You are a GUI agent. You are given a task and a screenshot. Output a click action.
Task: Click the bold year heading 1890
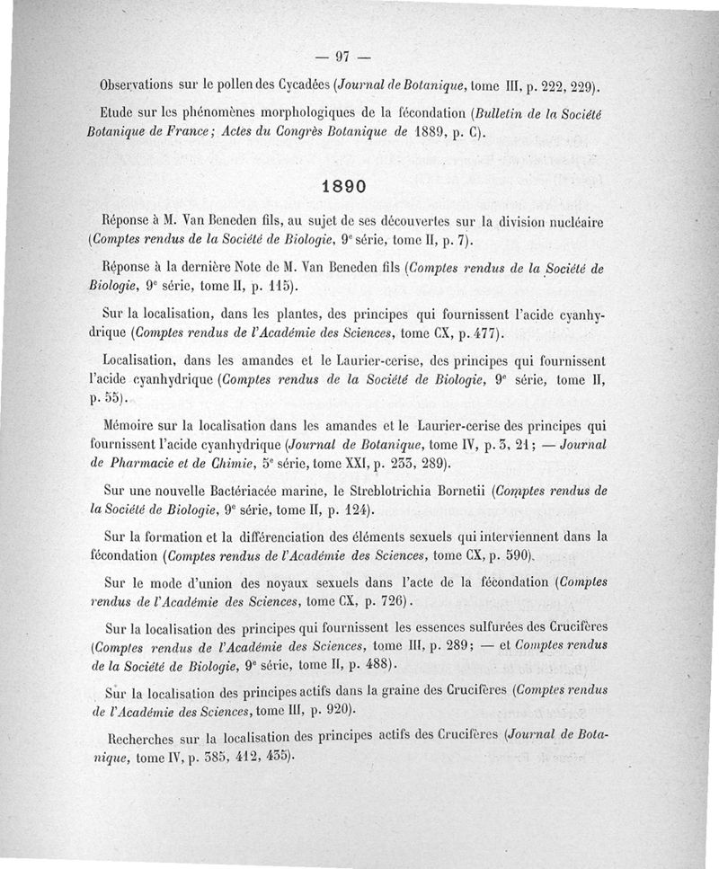343,187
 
